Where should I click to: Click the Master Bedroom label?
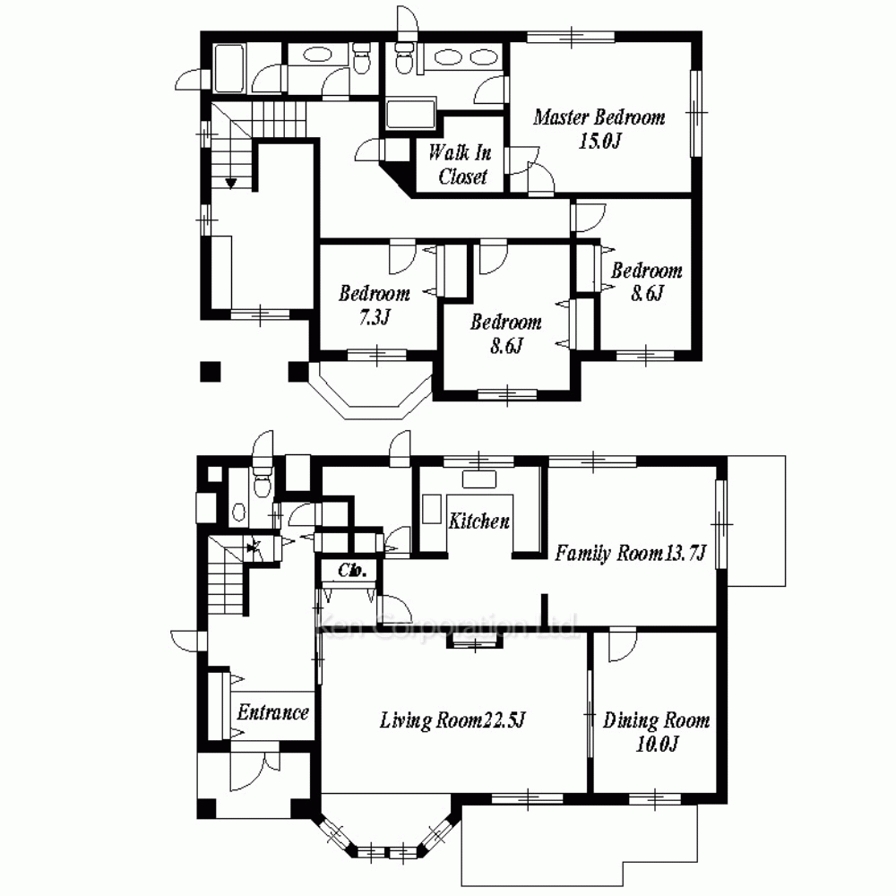(x=599, y=117)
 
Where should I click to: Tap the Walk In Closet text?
(x=461, y=164)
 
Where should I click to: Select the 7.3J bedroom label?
(x=375, y=305)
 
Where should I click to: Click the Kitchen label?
(x=478, y=521)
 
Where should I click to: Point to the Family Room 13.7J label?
(x=631, y=553)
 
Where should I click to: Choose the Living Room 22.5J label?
(x=452, y=720)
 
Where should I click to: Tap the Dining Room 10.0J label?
(x=657, y=731)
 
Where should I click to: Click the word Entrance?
(x=273, y=712)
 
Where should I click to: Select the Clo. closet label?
(x=352, y=570)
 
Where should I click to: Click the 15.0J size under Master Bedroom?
(x=599, y=141)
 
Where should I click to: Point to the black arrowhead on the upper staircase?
(x=231, y=184)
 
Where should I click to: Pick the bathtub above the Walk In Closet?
(x=410, y=114)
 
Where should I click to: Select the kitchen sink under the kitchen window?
(x=478, y=479)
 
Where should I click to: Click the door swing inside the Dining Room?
(x=623, y=644)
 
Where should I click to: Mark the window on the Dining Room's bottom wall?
(x=655, y=797)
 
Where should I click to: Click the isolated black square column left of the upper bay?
(x=211, y=372)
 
